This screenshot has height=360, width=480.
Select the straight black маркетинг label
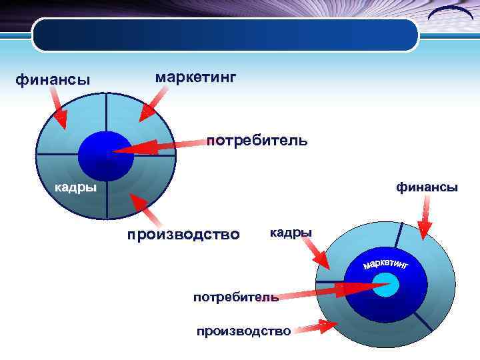coord(195,78)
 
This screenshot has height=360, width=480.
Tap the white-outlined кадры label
coord(75,187)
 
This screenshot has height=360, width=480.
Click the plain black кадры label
coord(291,233)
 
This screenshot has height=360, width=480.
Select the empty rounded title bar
coord(225,35)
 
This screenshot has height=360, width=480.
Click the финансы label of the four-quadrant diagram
coord(53,81)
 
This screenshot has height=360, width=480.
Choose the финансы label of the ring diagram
coord(427,187)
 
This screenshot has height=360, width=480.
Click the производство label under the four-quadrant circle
coord(183,235)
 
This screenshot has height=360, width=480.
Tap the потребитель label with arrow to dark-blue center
coord(257,141)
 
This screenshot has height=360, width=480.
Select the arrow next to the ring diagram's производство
coord(317,327)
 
